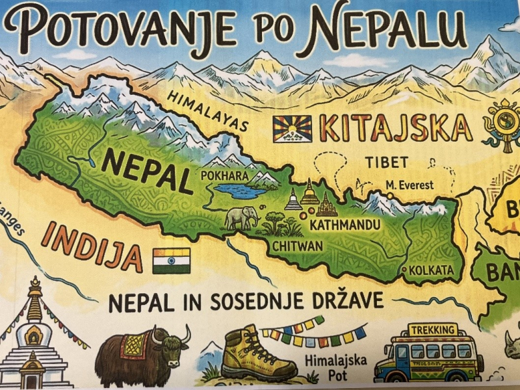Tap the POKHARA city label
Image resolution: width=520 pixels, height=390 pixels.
[x=224, y=175]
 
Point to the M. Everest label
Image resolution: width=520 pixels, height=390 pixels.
[x=409, y=185]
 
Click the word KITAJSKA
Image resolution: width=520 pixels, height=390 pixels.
[x=396, y=129]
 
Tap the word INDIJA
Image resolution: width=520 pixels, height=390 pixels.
[x=92, y=246]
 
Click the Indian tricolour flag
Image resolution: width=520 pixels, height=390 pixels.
[x=172, y=260]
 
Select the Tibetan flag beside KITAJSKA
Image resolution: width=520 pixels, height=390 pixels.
[x=292, y=129]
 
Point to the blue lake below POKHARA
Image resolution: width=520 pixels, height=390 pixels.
[x=240, y=190]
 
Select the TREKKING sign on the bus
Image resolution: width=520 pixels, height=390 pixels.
[x=432, y=330]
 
